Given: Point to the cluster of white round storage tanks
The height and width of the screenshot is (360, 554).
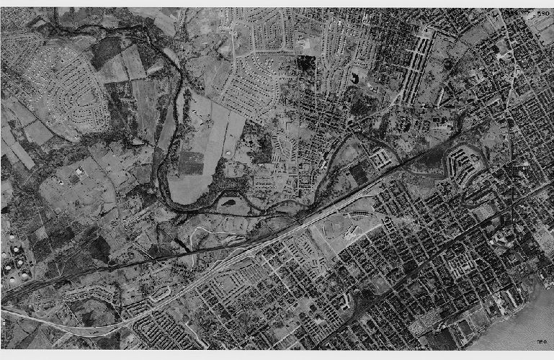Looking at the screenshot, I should point(12,265).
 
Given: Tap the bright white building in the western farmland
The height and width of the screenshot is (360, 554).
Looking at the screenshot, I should point(78,172).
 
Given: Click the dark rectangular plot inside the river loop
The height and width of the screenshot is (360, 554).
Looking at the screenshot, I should point(190,163).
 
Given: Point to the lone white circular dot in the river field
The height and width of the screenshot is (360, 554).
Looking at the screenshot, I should point(228,155).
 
